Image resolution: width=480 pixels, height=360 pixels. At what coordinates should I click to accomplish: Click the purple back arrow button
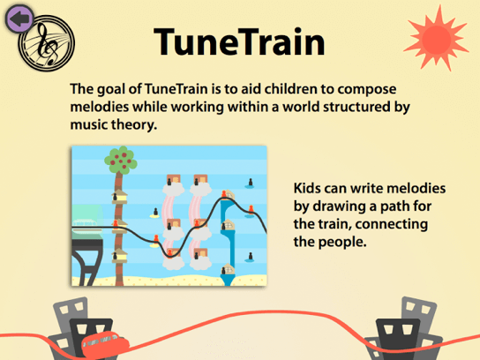click(x=19, y=19)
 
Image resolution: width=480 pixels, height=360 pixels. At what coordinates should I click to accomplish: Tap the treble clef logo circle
click(x=47, y=43)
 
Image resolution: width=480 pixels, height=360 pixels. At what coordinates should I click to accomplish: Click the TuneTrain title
click(x=239, y=41)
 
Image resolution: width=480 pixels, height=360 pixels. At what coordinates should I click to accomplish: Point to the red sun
click(x=436, y=39)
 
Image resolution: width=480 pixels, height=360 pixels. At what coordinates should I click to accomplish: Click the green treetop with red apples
click(x=121, y=160)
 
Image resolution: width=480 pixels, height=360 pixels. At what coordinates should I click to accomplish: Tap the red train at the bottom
click(x=105, y=344)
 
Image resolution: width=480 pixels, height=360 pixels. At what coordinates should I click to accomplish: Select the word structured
click(x=353, y=107)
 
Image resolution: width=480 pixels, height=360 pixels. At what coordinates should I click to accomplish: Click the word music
click(x=89, y=125)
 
